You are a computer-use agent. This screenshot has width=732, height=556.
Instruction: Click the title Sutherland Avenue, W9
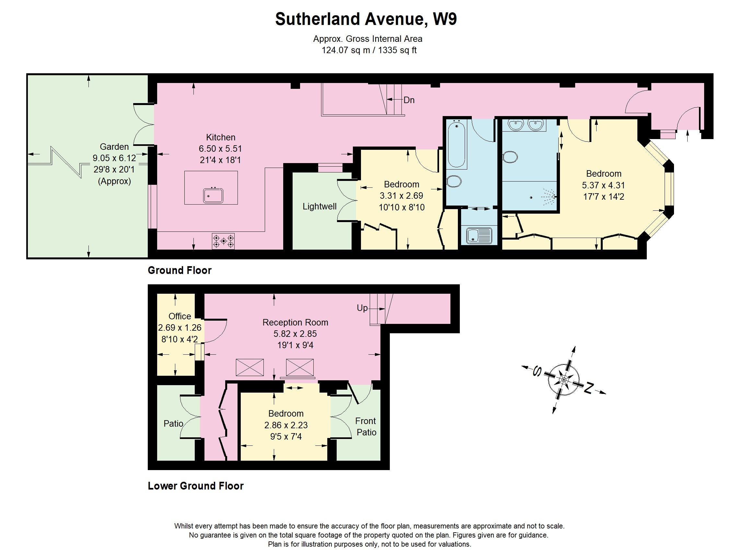coord(366,19)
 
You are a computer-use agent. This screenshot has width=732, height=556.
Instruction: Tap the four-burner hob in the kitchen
coord(223,241)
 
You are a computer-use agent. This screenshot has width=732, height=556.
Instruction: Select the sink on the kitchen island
coord(213,195)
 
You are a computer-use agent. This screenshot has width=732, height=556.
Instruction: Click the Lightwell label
coord(320,206)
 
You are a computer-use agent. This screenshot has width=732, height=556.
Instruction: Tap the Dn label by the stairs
coord(409,100)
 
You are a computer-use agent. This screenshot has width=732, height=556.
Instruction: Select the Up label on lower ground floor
coord(362,308)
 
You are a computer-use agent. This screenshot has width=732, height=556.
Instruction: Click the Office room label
coord(180,316)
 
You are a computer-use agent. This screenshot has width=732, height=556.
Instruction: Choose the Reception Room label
coord(295,322)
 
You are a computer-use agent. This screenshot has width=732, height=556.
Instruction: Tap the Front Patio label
coord(366,427)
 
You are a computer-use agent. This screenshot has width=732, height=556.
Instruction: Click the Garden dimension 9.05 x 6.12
coord(114,158)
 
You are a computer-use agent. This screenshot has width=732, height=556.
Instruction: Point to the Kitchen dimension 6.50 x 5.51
coord(220,149)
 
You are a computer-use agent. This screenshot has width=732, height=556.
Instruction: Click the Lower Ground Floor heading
coord(196,486)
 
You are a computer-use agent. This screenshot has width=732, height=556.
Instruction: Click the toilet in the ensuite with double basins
coord(510,157)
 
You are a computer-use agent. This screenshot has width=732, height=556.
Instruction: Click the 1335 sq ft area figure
coord(397,50)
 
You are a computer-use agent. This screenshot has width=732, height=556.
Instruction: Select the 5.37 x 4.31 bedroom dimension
coord(603,185)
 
